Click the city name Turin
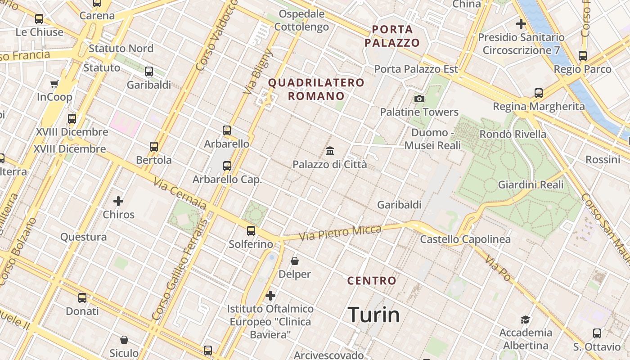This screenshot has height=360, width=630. [x=374, y=315]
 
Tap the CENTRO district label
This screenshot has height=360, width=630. [x=372, y=281]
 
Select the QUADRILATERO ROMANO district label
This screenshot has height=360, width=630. [x=316, y=89]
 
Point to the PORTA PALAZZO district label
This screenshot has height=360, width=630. [x=392, y=36]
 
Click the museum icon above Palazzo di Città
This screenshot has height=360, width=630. [x=330, y=151]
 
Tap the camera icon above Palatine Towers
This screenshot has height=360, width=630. [x=419, y=99]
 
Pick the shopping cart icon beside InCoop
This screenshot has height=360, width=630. [x=54, y=84]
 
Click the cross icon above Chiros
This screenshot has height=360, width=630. [x=118, y=201]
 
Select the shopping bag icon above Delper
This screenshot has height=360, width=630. [x=295, y=261]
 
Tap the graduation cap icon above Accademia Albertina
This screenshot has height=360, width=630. [x=525, y=319]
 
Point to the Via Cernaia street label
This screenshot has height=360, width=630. [x=180, y=194]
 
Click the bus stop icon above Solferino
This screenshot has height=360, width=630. [x=251, y=231]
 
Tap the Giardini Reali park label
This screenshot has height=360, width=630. [x=531, y=184]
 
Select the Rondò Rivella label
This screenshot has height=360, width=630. [x=513, y=134]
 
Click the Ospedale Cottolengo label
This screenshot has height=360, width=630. [x=301, y=20]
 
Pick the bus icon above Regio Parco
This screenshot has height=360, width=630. [x=583, y=56]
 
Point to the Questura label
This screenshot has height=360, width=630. [x=84, y=237]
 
